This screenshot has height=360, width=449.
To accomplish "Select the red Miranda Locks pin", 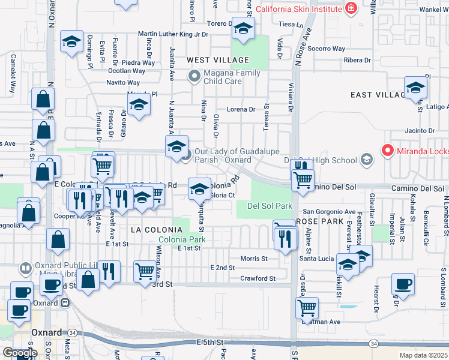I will click(x=388, y=151).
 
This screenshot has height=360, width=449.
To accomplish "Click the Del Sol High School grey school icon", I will click(x=366, y=160).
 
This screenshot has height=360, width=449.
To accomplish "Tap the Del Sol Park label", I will click(x=270, y=206).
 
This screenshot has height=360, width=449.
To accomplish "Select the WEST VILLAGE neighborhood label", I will click(x=217, y=60).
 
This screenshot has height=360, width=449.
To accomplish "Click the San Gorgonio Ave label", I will click(x=329, y=212).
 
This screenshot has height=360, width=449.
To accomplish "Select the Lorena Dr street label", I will click(x=241, y=110).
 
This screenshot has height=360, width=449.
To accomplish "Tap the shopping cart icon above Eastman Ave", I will click(x=307, y=308).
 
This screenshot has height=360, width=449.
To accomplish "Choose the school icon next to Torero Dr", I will click(x=244, y=28).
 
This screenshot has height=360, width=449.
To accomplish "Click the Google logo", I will click(x=20, y=353).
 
